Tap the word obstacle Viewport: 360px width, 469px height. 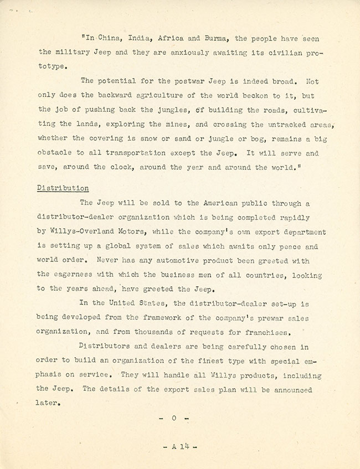point(56,152)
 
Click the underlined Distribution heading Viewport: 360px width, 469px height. point(63,188)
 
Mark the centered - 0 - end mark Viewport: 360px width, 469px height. point(173,418)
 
